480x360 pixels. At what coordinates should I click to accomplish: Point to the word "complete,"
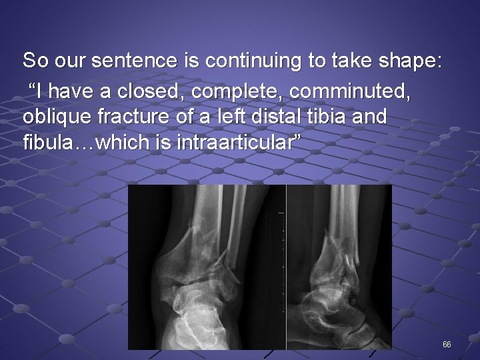coord(227,89)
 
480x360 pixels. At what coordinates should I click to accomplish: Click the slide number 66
coord(447,345)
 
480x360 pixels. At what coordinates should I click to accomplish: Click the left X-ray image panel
coord(207,267)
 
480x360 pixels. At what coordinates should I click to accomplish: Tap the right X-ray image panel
coord(339,267)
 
